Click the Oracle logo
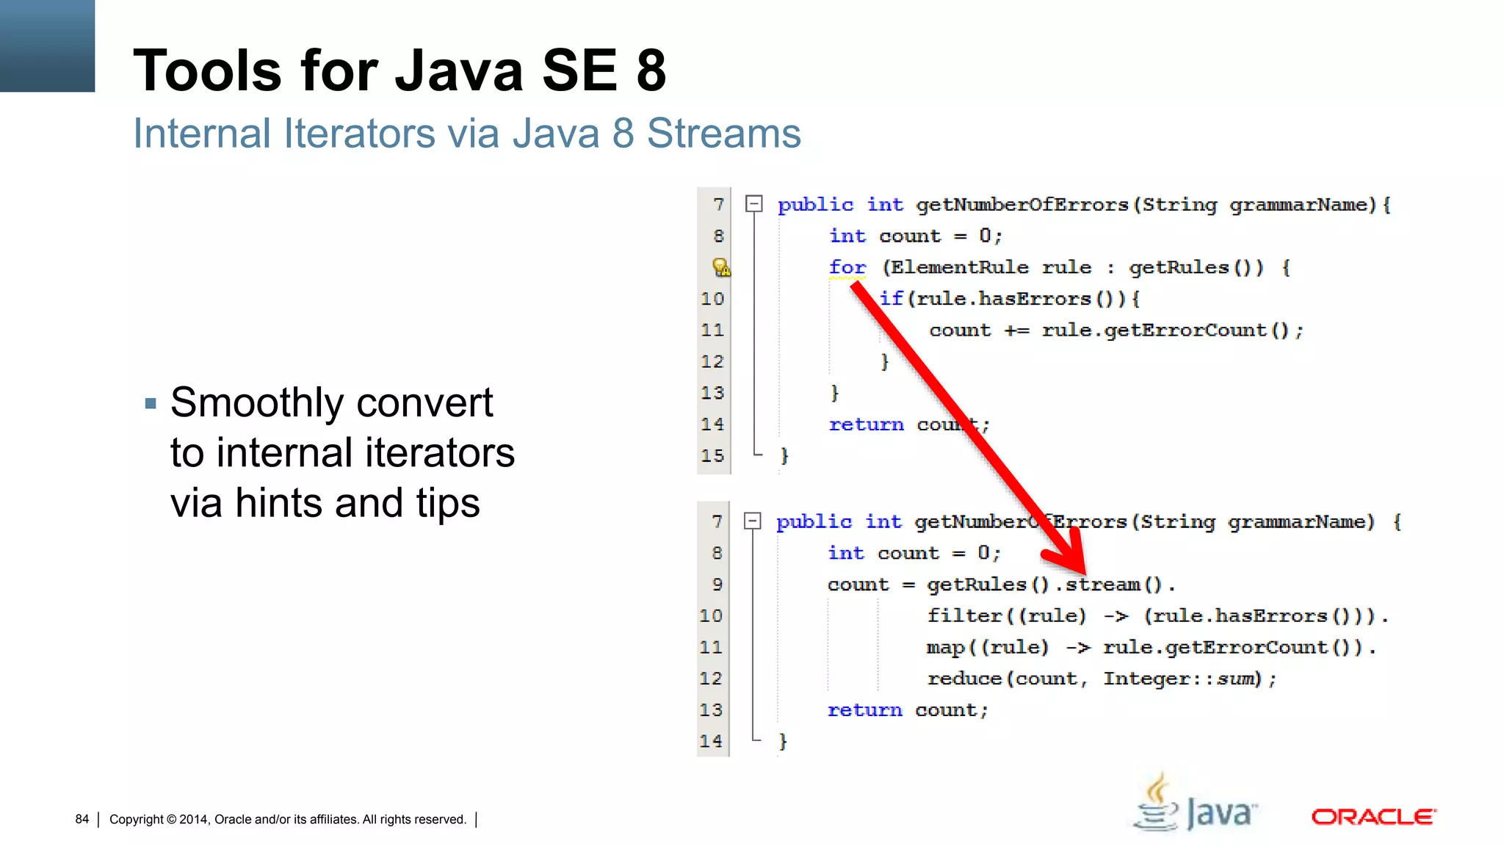click(x=1373, y=817)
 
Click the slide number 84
click(x=82, y=819)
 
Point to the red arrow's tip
click(x=1083, y=572)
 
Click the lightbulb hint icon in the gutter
click(x=721, y=267)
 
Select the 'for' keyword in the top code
click(x=847, y=267)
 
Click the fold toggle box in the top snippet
click(x=753, y=203)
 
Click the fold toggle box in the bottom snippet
click(x=752, y=521)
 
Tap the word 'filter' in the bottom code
click(x=964, y=615)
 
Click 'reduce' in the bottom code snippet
click(x=964, y=679)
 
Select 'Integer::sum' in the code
click(x=1182, y=679)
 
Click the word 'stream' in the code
click(x=1102, y=585)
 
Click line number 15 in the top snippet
click(x=712, y=455)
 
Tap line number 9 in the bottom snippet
click(x=717, y=585)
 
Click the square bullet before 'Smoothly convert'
click(x=151, y=403)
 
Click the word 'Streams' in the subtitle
click(x=723, y=134)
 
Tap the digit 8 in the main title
click(x=651, y=70)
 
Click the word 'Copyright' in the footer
click(x=137, y=819)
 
